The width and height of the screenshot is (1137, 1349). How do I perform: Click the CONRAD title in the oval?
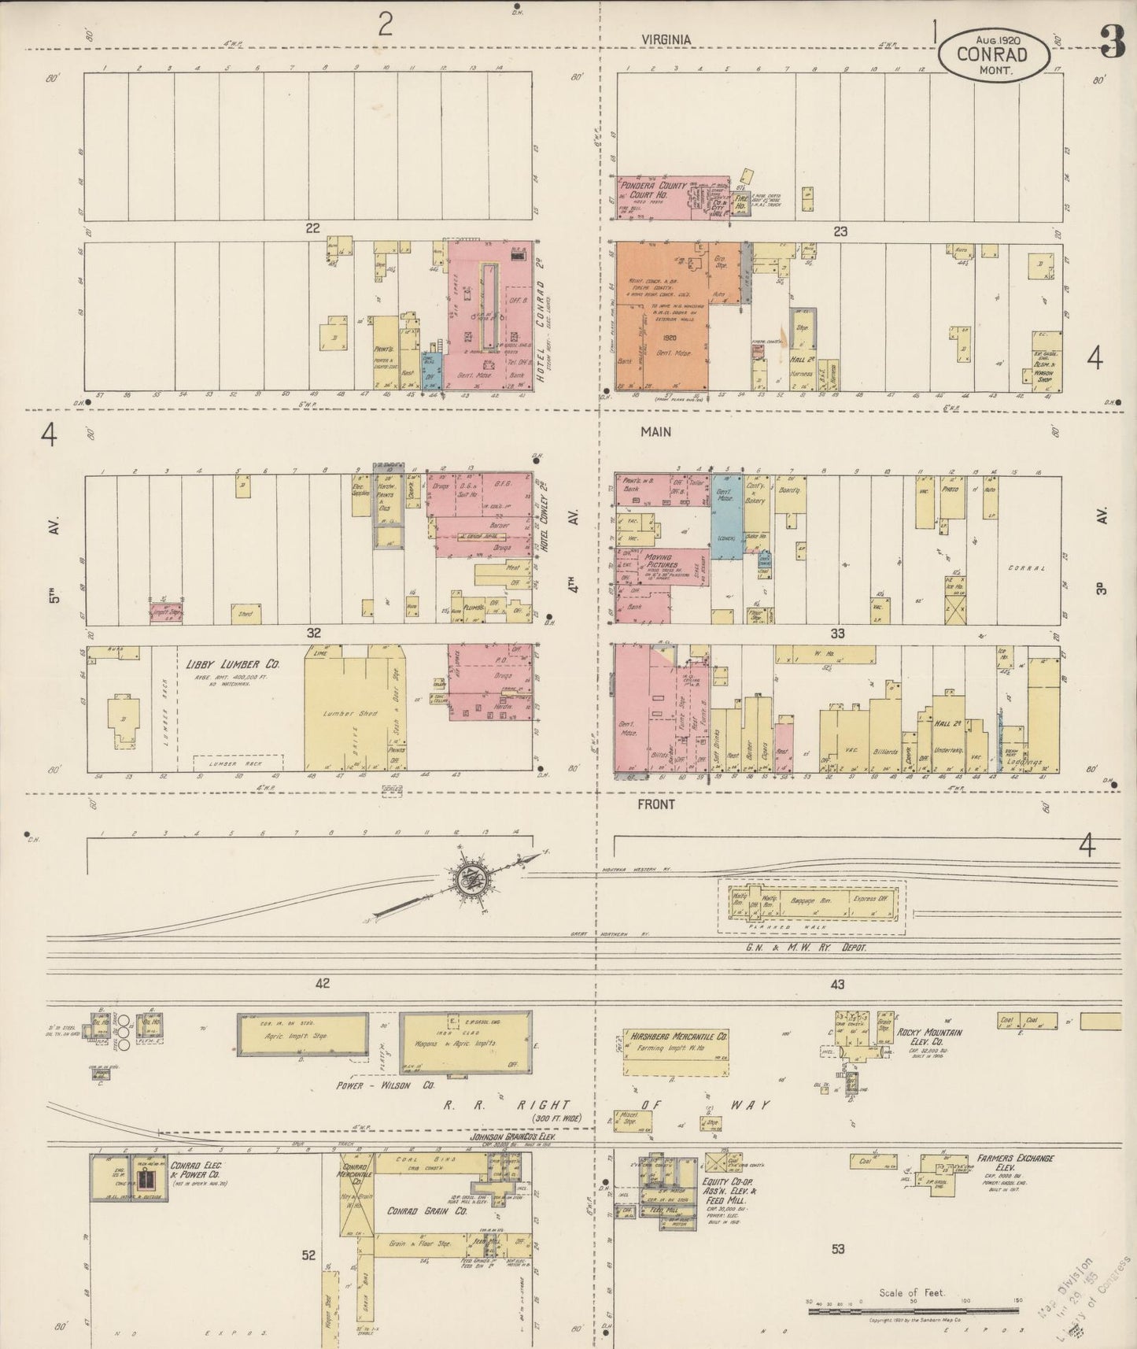992,54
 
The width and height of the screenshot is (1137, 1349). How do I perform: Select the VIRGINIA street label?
666,39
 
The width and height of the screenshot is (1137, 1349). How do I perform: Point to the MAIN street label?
655,431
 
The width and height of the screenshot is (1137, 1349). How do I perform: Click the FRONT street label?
656,804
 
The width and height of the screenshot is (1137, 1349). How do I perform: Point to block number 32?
313,632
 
